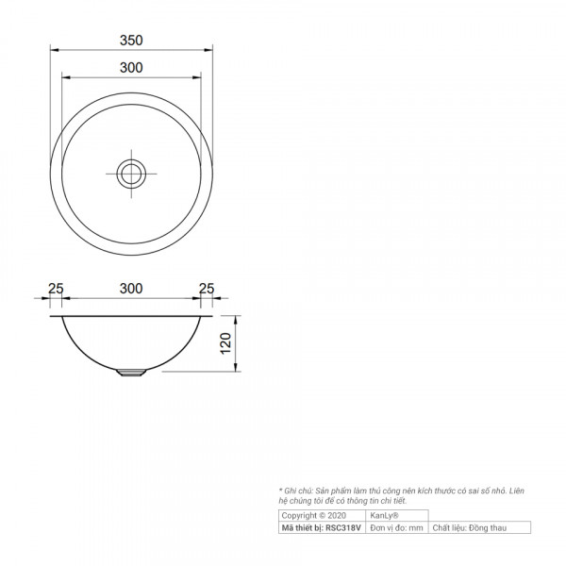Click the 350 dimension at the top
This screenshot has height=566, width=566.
pos(131,41)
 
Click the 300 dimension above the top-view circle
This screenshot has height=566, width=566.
pos(131,67)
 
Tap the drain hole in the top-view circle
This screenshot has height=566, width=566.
pos(131,173)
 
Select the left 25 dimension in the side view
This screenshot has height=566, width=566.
pos(56,288)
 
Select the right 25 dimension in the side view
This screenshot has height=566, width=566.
pos(207,288)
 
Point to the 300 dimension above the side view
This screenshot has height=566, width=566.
pos(131,288)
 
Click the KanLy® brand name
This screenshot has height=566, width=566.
pos(384,516)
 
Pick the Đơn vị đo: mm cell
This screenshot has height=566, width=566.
pos(396,528)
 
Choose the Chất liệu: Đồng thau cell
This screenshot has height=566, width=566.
pos(469,528)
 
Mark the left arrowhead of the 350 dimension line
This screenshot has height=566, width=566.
pos(53,51)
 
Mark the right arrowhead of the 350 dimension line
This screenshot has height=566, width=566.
pos(209,51)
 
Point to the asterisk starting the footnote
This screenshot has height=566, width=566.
pos(281,491)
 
